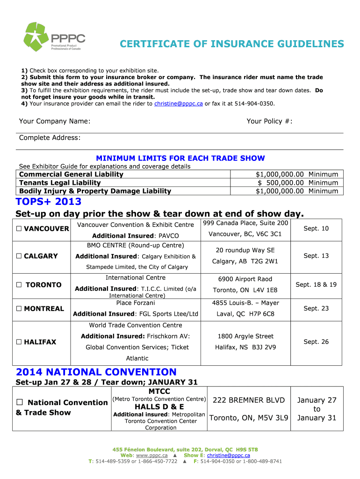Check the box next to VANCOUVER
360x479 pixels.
(19, 229)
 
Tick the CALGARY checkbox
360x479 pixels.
(19, 256)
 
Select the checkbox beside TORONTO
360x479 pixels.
(19, 285)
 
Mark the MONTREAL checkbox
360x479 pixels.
(19, 309)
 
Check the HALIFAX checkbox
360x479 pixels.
(19, 342)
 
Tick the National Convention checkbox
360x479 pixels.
(20, 403)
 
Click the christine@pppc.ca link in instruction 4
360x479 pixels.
(178, 103)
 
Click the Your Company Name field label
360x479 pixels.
(55, 122)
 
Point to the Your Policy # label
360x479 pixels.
(269, 122)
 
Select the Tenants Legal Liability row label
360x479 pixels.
(59, 182)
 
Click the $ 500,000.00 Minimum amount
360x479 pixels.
(298, 182)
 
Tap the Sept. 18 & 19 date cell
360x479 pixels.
(316, 284)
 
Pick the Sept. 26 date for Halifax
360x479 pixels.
(316, 341)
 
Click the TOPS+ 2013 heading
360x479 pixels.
(49, 202)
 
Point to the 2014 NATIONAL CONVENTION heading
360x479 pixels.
(96, 372)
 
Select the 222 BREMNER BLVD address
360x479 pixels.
(249, 400)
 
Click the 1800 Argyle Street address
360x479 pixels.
(245, 336)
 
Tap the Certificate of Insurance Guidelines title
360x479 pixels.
(231, 44)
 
